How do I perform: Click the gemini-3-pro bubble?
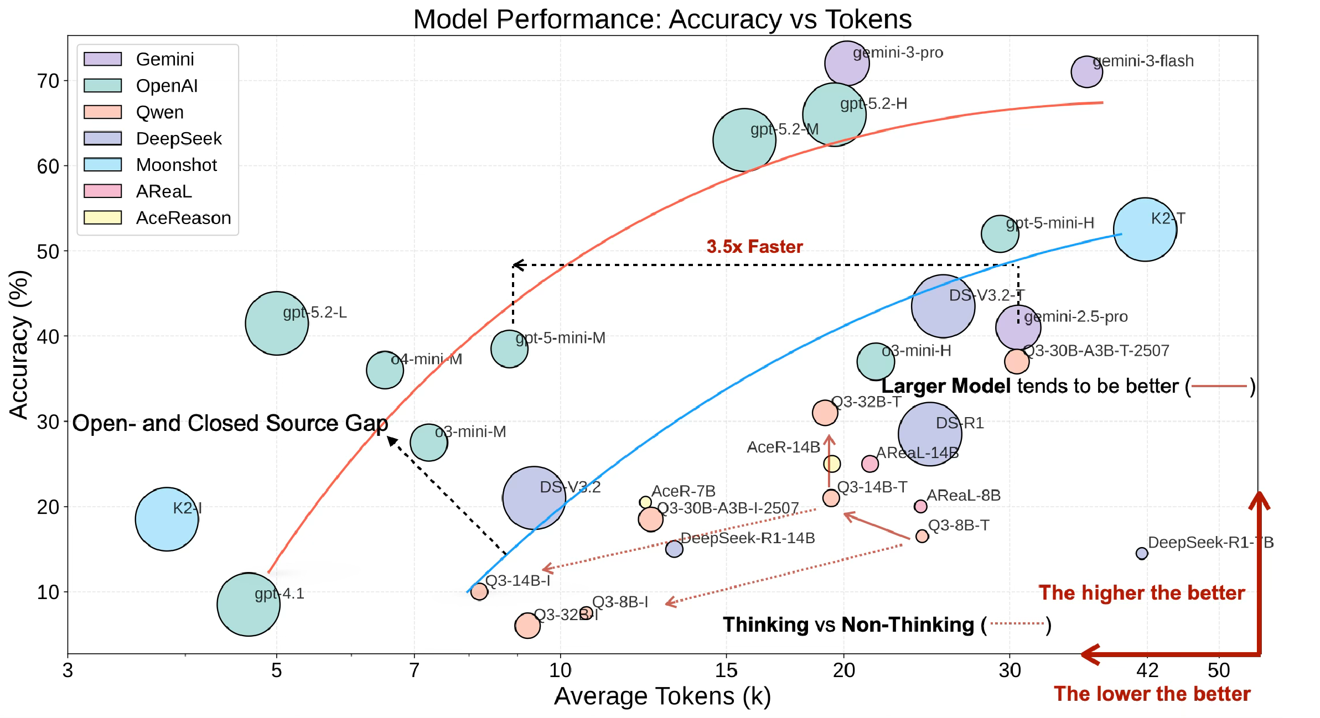pyautogui.click(x=846, y=63)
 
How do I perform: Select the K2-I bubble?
pyautogui.click(x=167, y=519)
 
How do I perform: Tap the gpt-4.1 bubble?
pyautogui.click(x=249, y=604)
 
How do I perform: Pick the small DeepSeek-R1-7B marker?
pyautogui.click(x=1141, y=553)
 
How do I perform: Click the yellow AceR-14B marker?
pyautogui.click(x=831, y=464)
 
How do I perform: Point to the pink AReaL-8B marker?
pyautogui.click(x=920, y=506)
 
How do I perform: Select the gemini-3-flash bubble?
pyautogui.click(x=1086, y=72)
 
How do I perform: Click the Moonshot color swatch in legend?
pyautogui.click(x=102, y=164)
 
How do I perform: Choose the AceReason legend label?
pyautogui.click(x=183, y=218)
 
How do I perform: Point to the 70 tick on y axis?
pyautogui.click(x=48, y=81)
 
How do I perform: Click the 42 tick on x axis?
pyautogui.click(x=1147, y=670)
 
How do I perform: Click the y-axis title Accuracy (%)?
pyautogui.click(x=19, y=344)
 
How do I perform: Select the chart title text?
pyautogui.click(x=662, y=19)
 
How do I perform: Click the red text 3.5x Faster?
pyautogui.click(x=754, y=247)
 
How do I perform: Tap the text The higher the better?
pyautogui.click(x=1141, y=593)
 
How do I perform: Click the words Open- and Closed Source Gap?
pyautogui.click(x=230, y=423)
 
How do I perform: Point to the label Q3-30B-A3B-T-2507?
pyautogui.click(x=1096, y=351)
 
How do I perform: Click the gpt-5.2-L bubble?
pyautogui.click(x=277, y=323)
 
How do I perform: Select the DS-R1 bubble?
pyautogui.click(x=930, y=434)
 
